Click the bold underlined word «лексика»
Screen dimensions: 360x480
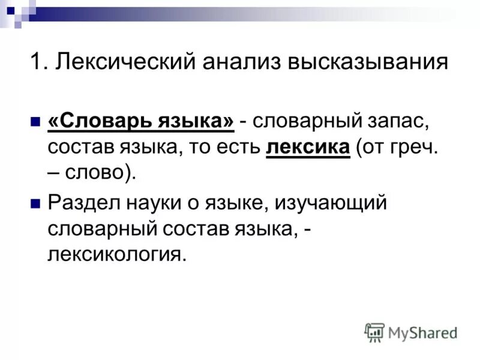pyautogui.click(x=307, y=148)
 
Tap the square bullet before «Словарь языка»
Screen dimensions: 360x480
pyautogui.click(x=34, y=121)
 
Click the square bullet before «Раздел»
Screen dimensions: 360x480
pyautogui.click(x=34, y=202)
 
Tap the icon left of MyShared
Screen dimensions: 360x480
pyautogui.click(x=374, y=332)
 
